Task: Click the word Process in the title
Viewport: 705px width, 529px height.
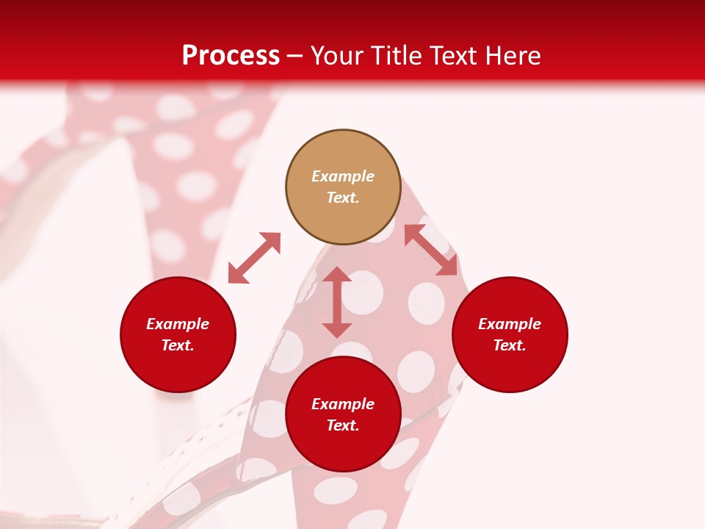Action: tap(231, 56)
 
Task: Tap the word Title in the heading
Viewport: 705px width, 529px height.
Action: tap(397, 56)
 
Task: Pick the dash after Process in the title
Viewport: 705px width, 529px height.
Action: tap(295, 57)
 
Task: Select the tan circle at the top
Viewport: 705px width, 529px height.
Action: tap(343, 187)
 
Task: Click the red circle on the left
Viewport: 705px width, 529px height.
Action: tap(178, 334)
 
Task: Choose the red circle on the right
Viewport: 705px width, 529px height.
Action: tap(510, 334)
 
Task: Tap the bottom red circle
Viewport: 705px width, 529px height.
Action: tap(343, 414)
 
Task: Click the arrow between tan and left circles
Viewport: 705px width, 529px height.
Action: tap(254, 258)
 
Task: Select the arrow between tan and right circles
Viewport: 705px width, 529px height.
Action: tap(431, 251)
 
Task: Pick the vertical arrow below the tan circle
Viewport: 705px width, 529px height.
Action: tap(337, 302)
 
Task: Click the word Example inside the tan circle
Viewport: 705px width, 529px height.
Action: tap(343, 176)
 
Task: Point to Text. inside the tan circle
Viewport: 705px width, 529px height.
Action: tap(343, 198)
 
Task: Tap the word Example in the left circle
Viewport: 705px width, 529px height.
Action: tap(178, 324)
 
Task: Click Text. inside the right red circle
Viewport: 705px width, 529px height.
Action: tap(510, 345)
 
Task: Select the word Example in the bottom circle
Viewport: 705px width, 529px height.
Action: tap(343, 404)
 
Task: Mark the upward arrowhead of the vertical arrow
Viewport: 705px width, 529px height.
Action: tap(337, 275)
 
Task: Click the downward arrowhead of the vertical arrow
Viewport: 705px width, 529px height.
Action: tap(337, 329)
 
